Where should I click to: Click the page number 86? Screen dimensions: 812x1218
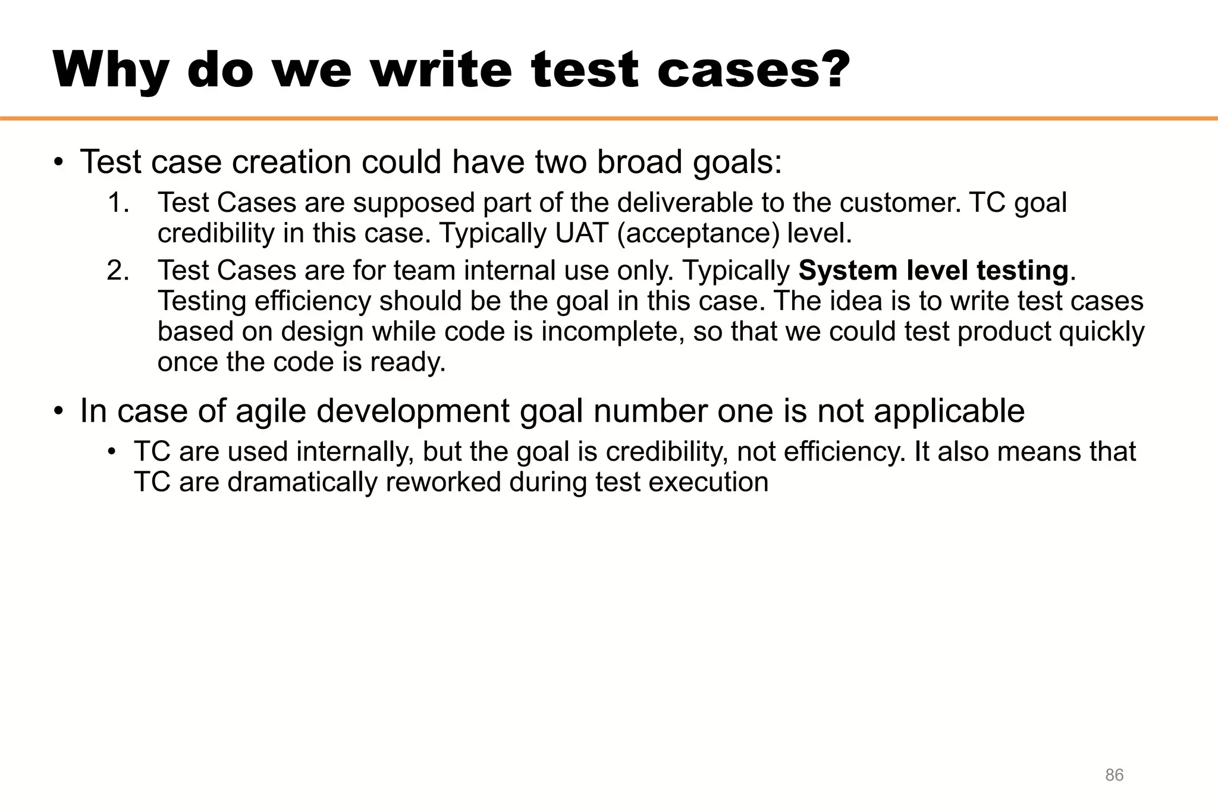[1114, 775]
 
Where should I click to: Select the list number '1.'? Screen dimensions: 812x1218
[118, 203]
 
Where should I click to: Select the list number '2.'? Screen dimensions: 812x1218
[118, 271]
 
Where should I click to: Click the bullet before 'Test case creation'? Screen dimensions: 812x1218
[58, 162]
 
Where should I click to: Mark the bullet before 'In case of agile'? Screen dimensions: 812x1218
[58, 412]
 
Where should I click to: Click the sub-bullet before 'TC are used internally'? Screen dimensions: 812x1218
[111, 452]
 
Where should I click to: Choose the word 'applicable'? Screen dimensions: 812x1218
[949, 411]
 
